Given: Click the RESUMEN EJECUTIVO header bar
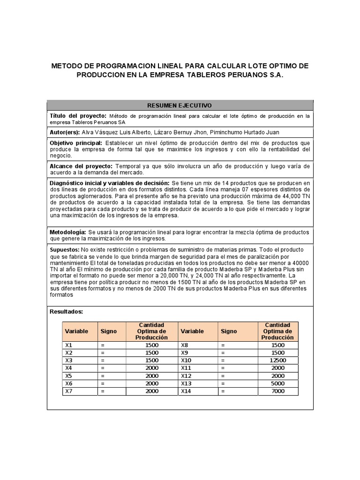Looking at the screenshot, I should click(180, 105).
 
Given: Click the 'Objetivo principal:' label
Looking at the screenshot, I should click(76, 142).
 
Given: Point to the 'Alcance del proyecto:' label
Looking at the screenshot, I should click(81, 166).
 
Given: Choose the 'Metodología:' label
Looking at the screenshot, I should click(68, 232).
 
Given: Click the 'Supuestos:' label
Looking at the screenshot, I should click(65, 249).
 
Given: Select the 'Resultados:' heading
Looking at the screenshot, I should click(66, 311).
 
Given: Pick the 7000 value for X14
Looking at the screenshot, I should click(277, 391).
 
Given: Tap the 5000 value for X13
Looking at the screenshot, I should click(277, 383).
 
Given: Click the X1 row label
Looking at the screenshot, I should click(69, 345).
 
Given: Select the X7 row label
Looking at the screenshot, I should click(69, 391).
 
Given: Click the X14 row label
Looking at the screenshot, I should click(187, 391).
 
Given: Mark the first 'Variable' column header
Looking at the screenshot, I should click(76, 331).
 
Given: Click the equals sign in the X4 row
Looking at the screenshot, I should click(102, 368).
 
